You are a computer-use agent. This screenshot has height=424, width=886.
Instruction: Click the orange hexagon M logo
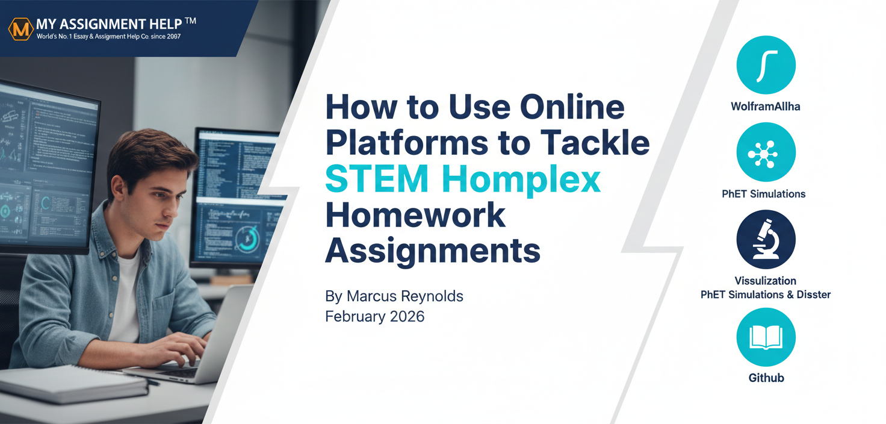pos(20,28)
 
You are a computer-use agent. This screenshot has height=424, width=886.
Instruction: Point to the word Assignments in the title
pos(432,250)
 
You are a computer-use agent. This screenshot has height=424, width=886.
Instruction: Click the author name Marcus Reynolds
pos(394,296)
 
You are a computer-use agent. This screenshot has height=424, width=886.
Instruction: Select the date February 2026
pos(374,316)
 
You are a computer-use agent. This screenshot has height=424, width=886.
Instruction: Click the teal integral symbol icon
pos(766,64)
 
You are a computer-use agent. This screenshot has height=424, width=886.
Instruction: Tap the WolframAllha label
pos(766,107)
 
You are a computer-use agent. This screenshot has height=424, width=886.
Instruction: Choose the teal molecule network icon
pos(766,153)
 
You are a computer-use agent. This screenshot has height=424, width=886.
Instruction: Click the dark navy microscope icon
pos(766,239)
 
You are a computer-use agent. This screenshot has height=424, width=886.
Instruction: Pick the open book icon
pos(766,337)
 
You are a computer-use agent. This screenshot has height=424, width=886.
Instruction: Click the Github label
pos(766,378)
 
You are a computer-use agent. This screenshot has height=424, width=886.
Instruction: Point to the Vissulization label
pos(766,281)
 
